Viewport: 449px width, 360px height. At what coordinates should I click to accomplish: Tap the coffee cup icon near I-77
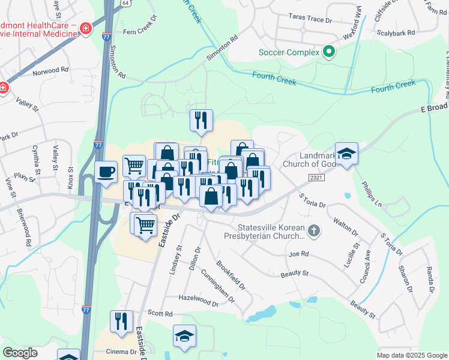pos(106,172)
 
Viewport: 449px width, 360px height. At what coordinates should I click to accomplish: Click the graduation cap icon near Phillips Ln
pos(346,154)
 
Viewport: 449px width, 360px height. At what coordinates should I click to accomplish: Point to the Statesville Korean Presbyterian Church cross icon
pos(313,230)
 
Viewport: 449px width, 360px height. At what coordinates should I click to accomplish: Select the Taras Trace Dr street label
pos(310,19)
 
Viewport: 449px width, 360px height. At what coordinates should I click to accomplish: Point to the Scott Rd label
pos(160,313)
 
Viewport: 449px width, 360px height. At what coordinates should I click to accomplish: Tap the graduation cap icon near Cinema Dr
pos(184,337)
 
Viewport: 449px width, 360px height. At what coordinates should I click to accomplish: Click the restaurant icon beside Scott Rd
pos(122,321)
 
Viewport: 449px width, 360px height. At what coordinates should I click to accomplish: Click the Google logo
pos(20,353)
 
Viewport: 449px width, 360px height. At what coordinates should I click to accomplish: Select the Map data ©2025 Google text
pos(411,355)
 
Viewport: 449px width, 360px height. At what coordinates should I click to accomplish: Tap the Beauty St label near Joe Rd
pos(294,274)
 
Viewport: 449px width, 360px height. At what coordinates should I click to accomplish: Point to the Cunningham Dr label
pos(218,282)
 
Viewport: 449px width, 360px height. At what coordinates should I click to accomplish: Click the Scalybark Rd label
pos(394,32)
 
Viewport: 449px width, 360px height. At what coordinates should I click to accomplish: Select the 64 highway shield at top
pos(125,3)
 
